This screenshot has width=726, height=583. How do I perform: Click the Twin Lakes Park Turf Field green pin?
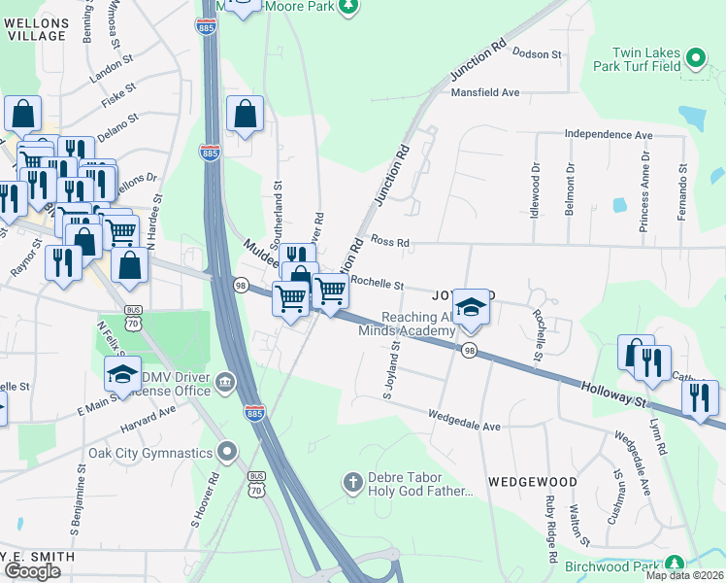point(695,59)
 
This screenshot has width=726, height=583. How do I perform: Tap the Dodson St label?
point(538,54)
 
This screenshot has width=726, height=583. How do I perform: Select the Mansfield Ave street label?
point(485,92)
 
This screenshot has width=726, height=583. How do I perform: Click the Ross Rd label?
point(390,242)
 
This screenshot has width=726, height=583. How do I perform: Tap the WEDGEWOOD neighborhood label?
point(533,482)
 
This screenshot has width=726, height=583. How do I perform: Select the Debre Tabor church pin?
point(353,481)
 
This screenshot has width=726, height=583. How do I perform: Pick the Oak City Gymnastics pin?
point(227,451)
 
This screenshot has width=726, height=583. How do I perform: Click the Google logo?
point(32,570)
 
